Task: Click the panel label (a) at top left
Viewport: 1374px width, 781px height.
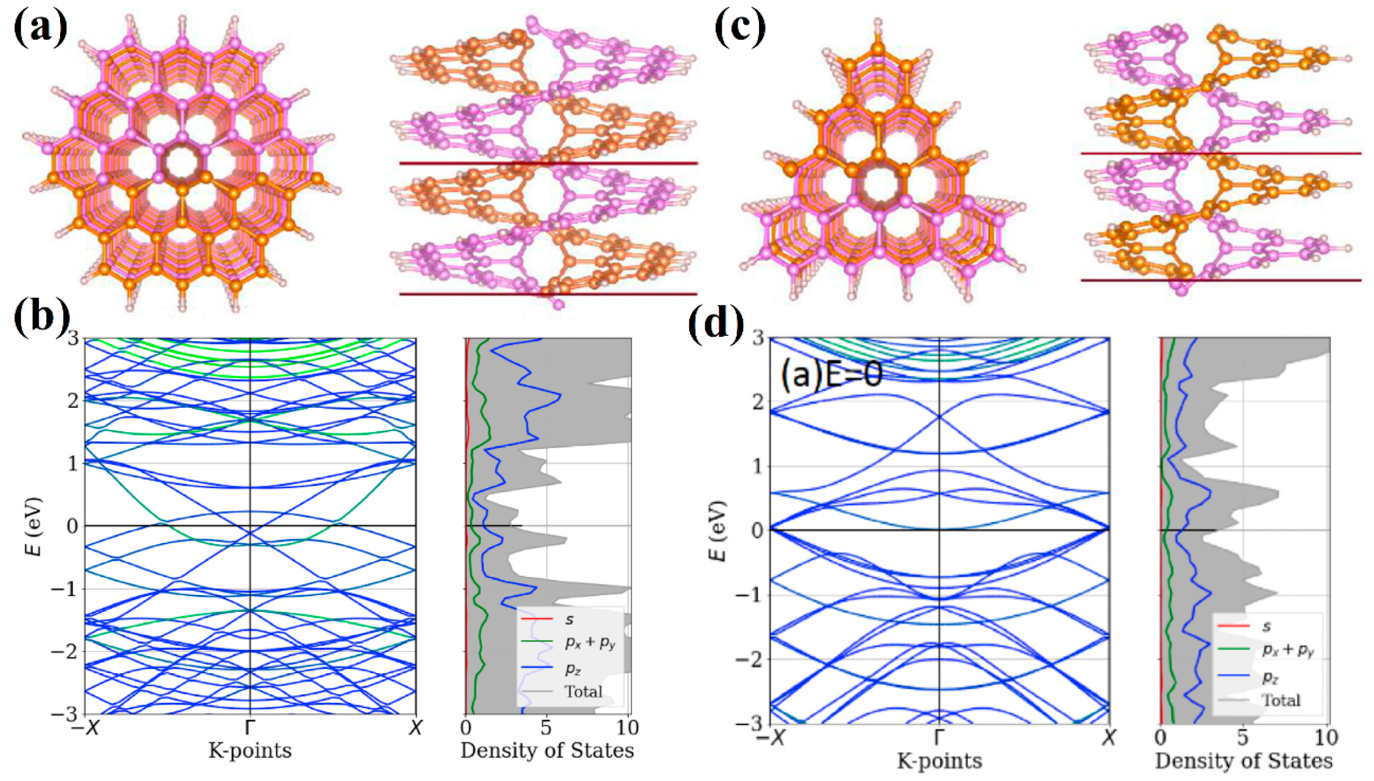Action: (x=40, y=27)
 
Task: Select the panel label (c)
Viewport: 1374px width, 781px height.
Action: (x=740, y=27)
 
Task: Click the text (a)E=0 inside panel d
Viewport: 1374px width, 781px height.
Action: (x=831, y=375)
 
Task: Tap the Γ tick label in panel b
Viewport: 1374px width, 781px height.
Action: (x=250, y=727)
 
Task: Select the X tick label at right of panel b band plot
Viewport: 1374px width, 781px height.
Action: (x=415, y=727)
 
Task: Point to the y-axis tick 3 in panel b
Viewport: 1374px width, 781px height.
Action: (x=72, y=338)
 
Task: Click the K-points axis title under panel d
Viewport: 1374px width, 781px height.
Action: (x=939, y=761)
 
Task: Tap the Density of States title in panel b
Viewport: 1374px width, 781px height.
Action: (x=547, y=751)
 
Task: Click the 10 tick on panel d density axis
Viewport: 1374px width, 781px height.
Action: (x=1326, y=738)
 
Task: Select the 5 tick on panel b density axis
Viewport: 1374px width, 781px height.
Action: (x=546, y=727)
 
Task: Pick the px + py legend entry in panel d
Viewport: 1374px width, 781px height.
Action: (x=1288, y=650)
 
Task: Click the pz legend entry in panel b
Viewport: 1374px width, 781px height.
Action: (x=572, y=668)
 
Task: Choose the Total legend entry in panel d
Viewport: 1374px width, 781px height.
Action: (x=1281, y=700)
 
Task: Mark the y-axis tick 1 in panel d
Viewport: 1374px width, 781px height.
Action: (x=757, y=466)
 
